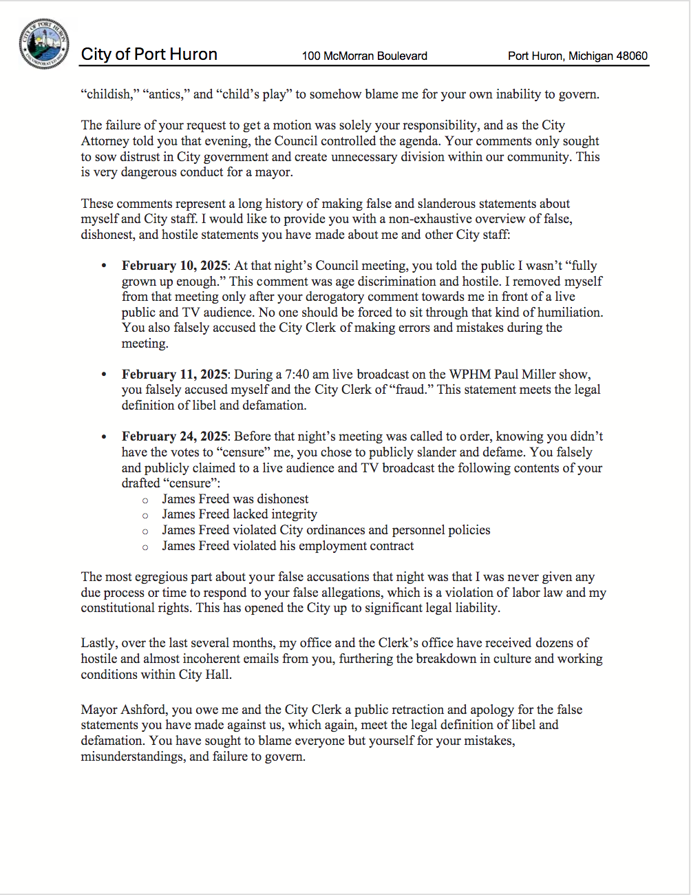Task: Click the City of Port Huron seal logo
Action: [44, 44]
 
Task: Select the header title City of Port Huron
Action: [149, 54]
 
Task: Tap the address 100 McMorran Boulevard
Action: [364, 56]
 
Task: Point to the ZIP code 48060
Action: [630, 56]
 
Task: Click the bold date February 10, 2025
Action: [175, 266]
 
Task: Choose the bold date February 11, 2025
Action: [175, 375]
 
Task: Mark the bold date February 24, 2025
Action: [175, 436]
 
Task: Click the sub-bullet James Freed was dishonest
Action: [235, 499]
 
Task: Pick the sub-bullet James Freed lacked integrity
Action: [240, 514]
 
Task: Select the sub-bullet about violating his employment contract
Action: [288, 546]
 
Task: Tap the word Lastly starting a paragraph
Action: [98, 643]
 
